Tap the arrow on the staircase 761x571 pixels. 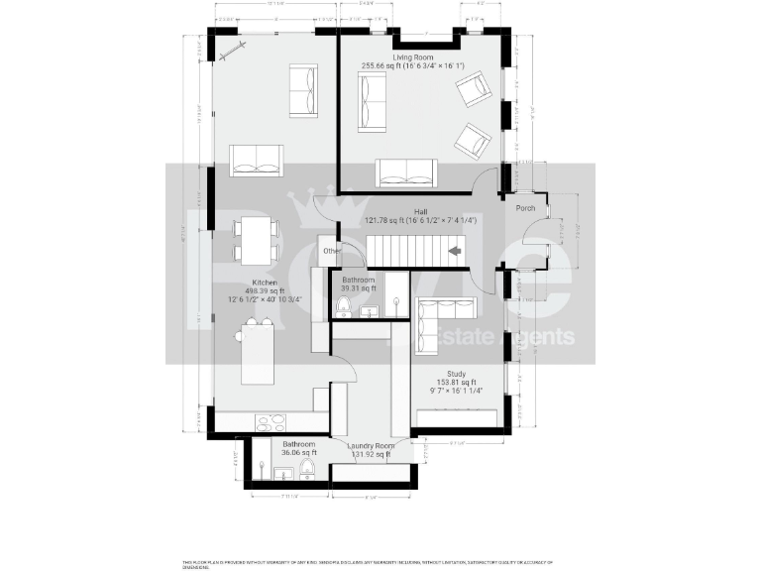[x=455, y=251]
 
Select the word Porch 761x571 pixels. [x=524, y=208]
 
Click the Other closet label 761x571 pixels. [x=330, y=251]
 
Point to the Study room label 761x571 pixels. [x=457, y=374]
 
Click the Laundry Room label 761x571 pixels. [x=371, y=446]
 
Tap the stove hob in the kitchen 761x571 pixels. [x=271, y=422]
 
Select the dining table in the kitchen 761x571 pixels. [x=256, y=239]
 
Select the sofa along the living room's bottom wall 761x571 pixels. [x=405, y=172]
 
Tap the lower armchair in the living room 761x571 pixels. [x=475, y=142]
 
